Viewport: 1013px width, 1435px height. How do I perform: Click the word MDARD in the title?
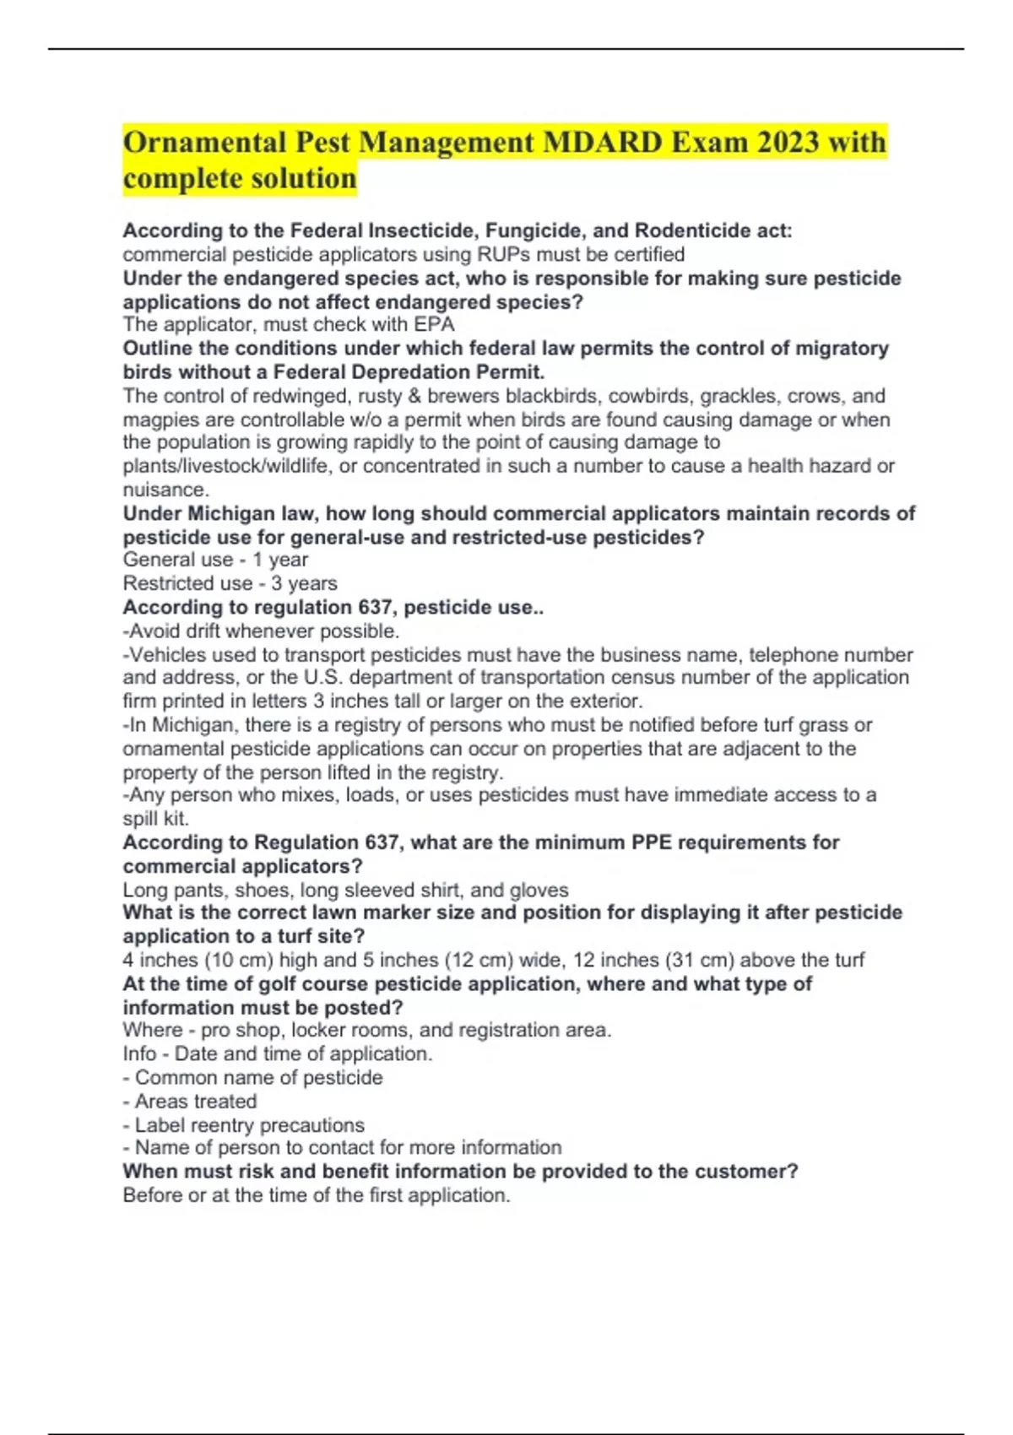point(602,142)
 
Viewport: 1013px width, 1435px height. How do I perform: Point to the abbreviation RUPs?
point(505,254)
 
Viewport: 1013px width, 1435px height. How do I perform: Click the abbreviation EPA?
point(435,324)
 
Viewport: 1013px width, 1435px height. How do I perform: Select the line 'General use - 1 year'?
point(215,560)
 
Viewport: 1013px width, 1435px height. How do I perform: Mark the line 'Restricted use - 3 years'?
point(230,583)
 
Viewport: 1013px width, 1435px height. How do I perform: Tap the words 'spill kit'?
point(155,818)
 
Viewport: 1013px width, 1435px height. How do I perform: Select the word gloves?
point(539,890)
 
